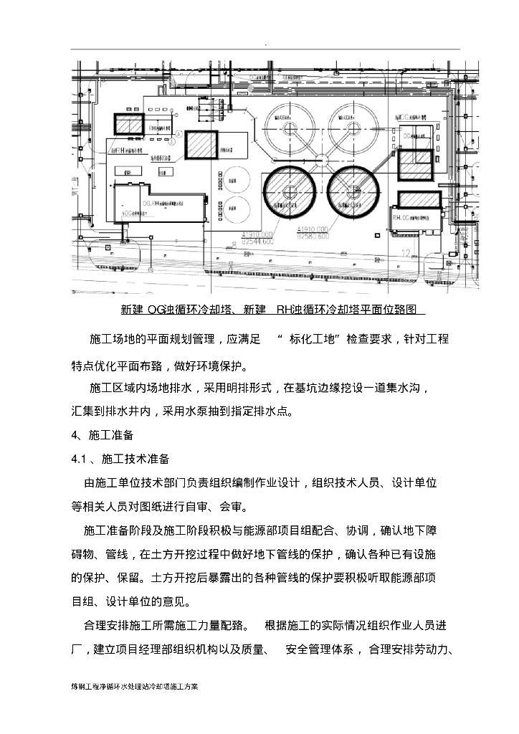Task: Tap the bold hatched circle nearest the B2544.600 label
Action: point(290,190)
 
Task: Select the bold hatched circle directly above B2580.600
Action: point(352,190)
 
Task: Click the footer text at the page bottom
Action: point(134,686)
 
